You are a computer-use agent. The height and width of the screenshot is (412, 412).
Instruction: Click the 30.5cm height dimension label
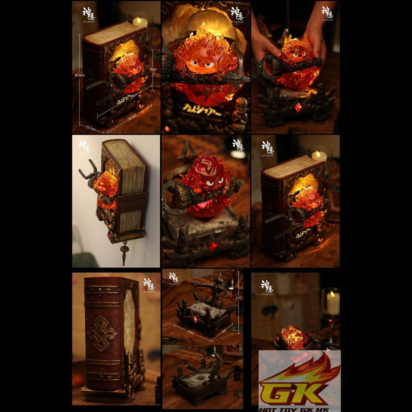point(79,75)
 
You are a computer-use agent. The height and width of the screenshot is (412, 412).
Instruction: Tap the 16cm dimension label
point(152,69)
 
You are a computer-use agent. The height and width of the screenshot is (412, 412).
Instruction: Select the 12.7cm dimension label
point(90,129)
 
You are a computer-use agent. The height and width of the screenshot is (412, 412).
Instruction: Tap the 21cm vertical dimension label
point(239,298)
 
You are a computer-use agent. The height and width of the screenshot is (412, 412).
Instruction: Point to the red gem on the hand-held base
point(298,107)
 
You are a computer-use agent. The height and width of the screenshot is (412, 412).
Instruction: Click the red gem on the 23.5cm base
point(196,319)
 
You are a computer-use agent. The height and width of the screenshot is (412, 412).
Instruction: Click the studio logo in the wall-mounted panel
point(84,147)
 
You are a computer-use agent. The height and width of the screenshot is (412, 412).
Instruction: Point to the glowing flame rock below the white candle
point(294,337)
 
